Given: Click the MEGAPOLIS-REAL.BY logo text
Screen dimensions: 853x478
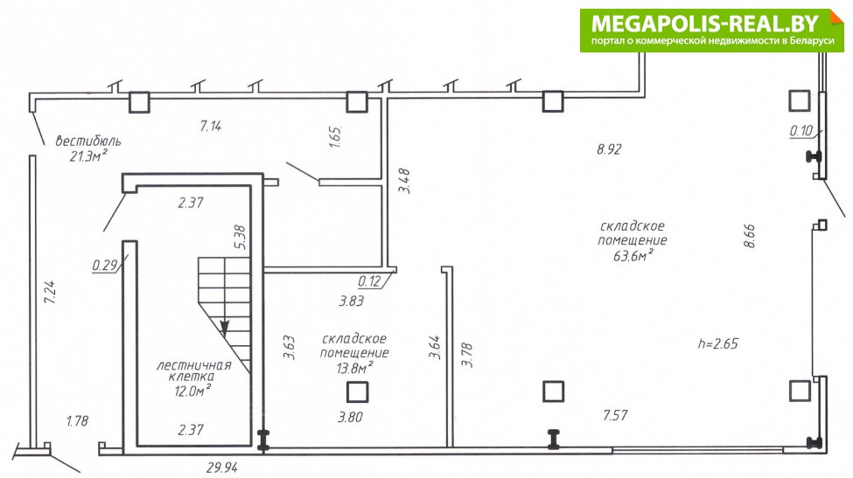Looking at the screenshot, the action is tap(704, 24).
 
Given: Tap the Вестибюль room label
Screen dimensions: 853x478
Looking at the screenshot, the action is tap(88, 142).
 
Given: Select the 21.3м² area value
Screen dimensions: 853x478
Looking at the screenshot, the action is tap(88, 157).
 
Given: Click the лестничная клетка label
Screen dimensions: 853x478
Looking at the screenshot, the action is tap(194, 371).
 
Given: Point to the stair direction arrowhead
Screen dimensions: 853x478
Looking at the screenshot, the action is tap(225, 328).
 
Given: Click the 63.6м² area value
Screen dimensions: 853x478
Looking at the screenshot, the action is tap(633, 255).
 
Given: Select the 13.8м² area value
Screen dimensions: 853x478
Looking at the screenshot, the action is tap(354, 368).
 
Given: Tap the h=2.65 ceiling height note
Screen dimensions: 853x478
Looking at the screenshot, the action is tap(718, 343).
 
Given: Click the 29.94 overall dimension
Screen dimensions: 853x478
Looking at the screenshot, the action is tap(222, 468).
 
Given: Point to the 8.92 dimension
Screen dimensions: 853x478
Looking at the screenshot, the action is tap(609, 149).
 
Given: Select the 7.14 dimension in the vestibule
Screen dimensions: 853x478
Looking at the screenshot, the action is tap(211, 126).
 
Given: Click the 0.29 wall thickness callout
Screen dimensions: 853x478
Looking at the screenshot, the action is tap(105, 265).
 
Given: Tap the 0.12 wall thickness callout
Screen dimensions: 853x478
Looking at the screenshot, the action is tap(369, 281).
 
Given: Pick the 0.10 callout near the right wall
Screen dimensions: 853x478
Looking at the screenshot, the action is tap(801, 130).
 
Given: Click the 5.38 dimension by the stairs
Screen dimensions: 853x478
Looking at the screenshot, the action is tap(240, 238).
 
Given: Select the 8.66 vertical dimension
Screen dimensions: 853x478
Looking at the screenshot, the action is tap(750, 236).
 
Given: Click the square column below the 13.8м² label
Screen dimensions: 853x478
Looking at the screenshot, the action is tap(358, 391).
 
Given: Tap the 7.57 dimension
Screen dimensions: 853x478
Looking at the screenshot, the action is tap(615, 416).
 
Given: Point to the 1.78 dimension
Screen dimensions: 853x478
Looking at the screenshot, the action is tap(77, 421).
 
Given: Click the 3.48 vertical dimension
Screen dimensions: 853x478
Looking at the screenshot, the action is tap(404, 181).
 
